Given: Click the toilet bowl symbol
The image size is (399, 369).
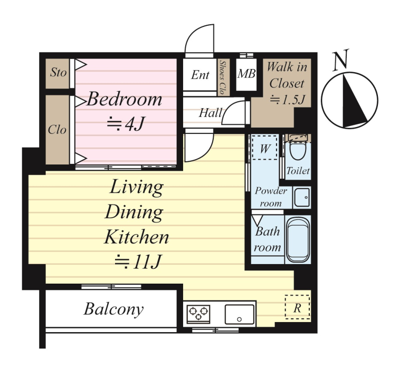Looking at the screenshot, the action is point(298,151).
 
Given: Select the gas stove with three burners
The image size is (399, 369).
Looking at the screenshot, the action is point(198,314).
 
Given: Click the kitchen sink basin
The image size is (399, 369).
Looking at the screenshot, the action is point(240,314).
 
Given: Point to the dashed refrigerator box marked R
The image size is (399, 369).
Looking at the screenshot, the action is point(297,307).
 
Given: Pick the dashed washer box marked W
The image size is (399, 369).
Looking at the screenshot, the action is point(264,148).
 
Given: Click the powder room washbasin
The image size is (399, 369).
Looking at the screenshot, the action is point(302,198).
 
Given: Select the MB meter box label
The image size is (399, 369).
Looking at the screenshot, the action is point(246,74).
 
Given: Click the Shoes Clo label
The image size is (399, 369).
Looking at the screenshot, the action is point(223,77).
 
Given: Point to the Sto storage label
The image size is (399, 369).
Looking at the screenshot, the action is point(58,72).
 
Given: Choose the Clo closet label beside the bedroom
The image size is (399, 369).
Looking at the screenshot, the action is point(57,130).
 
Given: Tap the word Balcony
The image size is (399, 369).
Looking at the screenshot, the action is point(114,309).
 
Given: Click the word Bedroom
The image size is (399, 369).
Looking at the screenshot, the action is point(125,99).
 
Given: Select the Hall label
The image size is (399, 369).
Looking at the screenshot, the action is point(210,113).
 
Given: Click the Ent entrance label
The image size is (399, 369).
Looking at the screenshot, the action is point(200,75).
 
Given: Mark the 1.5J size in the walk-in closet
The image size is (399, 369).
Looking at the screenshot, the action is point(288,100).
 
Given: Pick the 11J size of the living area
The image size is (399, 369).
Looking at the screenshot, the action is point(138,262).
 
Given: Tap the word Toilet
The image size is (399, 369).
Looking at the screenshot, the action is point(298,171).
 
